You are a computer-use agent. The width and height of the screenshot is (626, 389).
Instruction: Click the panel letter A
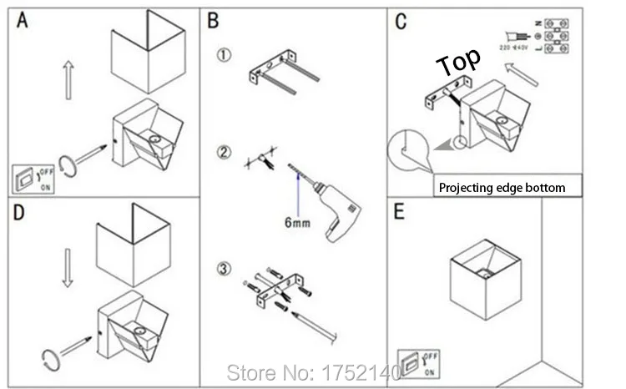tap(23, 21)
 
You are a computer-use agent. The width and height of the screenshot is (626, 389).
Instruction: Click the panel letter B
tap(215, 21)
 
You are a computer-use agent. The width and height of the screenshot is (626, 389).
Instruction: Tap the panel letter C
tap(401, 21)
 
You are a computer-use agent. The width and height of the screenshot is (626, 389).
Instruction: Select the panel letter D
tap(20, 212)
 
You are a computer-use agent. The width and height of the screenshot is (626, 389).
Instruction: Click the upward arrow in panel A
tap(68, 78)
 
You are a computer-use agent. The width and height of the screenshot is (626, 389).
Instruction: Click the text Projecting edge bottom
tap(502, 188)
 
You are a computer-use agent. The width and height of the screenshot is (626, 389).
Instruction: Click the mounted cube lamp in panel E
tap(484, 275)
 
